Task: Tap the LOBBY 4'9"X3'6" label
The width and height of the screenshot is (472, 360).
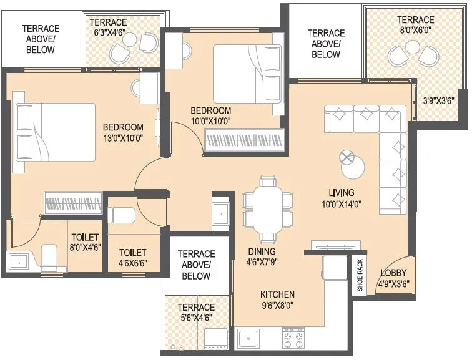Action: coord(393,278)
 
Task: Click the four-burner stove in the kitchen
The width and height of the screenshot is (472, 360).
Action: coord(295,338)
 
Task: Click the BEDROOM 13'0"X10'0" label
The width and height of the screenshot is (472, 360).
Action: coord(123,132)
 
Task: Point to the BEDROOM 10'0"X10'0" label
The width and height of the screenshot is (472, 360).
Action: coord(210,115)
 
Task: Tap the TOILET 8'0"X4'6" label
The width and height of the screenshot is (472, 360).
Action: coord(86,242)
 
